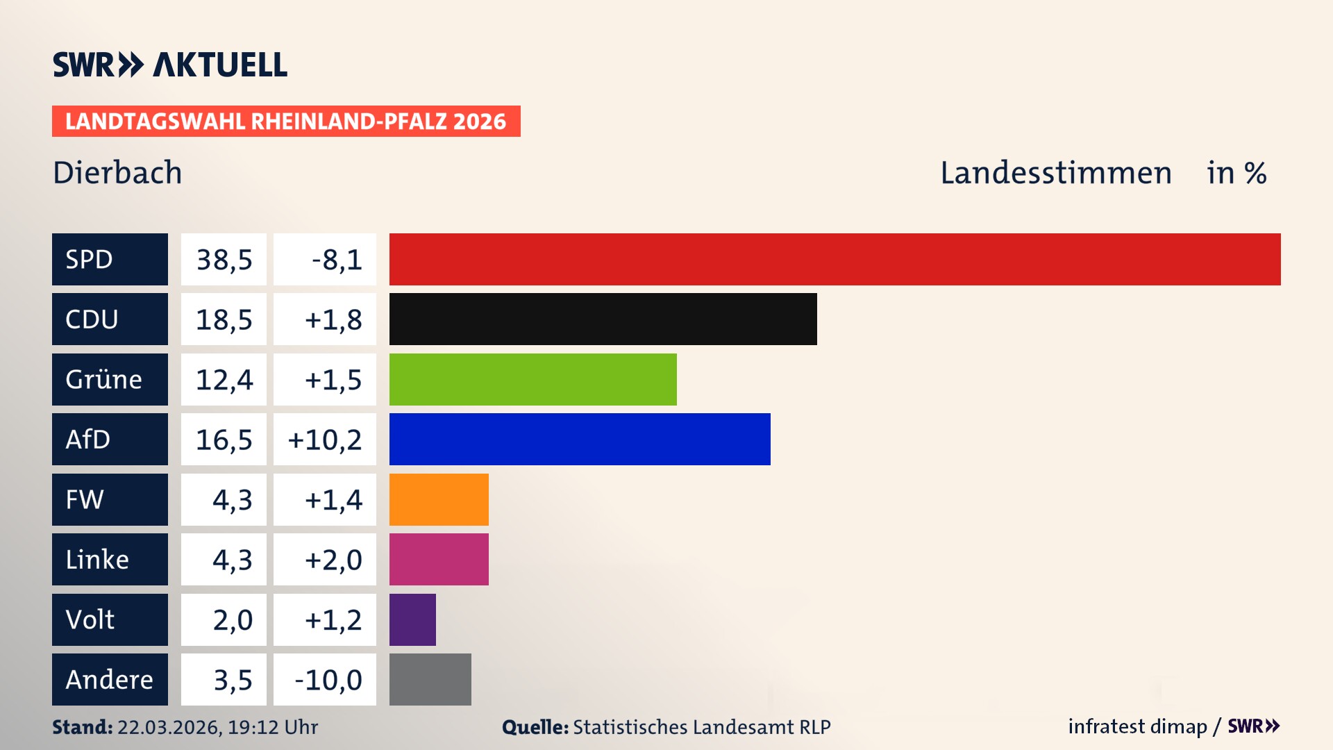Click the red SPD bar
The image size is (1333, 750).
(835, 259)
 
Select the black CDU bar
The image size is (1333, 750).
(603, 319)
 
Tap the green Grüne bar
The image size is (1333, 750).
(533, 379)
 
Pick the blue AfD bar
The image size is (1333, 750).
(580, 439)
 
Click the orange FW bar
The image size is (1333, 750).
(439, 499)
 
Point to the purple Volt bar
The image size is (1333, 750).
(412, 619)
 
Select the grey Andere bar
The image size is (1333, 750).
(430, 679)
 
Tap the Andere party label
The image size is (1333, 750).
(110, 679)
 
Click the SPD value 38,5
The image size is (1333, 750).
(224, 260)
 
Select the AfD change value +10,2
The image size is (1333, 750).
(325, 440)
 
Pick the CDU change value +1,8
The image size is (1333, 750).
(333, 319)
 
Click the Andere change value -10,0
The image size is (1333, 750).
(328, 680)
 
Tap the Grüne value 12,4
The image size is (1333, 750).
(224, 380)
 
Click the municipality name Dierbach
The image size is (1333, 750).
(117, 173)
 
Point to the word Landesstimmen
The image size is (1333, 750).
(1055, 173)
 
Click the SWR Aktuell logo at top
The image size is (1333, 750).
(170, 65)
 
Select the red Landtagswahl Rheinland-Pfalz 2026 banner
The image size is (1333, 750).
(286, 122)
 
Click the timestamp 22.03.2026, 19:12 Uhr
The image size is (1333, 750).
(217, 727)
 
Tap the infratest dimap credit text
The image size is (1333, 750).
(1137, 726)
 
